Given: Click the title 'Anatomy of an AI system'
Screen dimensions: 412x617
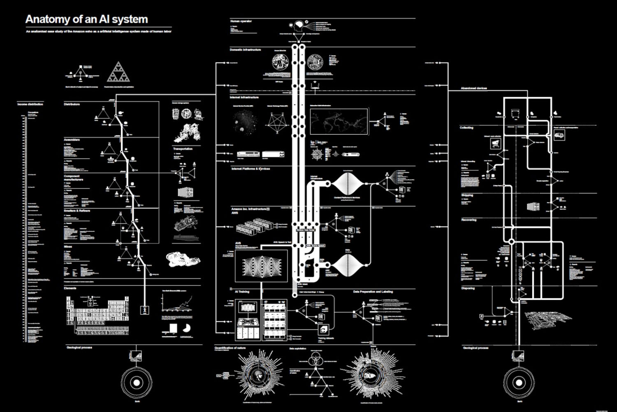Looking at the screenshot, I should (x=86, y=19).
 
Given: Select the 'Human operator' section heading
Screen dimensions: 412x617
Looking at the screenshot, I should (x=241, y=21).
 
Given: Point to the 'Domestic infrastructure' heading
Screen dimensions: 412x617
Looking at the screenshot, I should (x=245, y=50).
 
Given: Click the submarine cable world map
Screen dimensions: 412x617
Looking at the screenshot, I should (x=339, y=121).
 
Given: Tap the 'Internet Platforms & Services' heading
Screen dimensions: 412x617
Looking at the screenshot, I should (x=251, y=169).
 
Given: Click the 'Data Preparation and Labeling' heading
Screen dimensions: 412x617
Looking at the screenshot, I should (x=373, y=292).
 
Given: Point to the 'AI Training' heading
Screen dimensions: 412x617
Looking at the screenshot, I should (x=242, y=292).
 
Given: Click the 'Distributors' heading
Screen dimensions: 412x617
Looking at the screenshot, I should (x=72, y=104).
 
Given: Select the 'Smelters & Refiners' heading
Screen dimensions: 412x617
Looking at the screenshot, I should (x=77, y=211).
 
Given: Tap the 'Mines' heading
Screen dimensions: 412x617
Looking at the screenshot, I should (x=68, y=247).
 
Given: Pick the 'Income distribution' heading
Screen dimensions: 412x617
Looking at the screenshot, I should (x=30, y=104).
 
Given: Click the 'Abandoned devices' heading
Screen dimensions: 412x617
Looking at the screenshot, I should (x=474, y=88).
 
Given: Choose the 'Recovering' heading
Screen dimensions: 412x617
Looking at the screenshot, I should (x=469, y=220).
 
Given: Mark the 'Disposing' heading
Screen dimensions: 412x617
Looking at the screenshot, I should (x=468, y=288).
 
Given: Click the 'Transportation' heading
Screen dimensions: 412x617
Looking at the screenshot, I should (x=183, y=149).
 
